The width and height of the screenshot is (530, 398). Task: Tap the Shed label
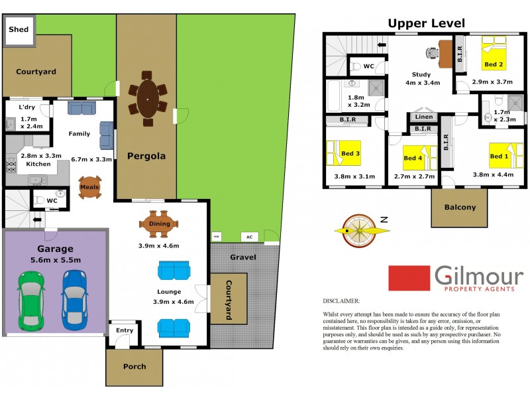[x=18, y=29]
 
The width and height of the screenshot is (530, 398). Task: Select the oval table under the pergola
[x=147, y=99]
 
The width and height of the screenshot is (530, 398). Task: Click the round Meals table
[x=89, y=186]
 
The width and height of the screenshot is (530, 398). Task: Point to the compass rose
[x=360, y=230]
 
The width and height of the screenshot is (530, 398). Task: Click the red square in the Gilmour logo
[x=408, y=278]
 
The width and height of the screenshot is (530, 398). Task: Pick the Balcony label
[x=460, y=207]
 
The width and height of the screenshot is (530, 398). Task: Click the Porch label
[x=134, y=366]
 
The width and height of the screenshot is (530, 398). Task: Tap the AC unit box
[x=249, y=237]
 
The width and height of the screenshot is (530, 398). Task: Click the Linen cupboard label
[x=424, y=117]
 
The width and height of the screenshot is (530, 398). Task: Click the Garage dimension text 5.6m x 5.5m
[x=55, y=260]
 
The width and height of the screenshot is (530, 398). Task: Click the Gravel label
[x=243, y=257]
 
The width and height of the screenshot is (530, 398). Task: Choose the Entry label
[x=124, y=330]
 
